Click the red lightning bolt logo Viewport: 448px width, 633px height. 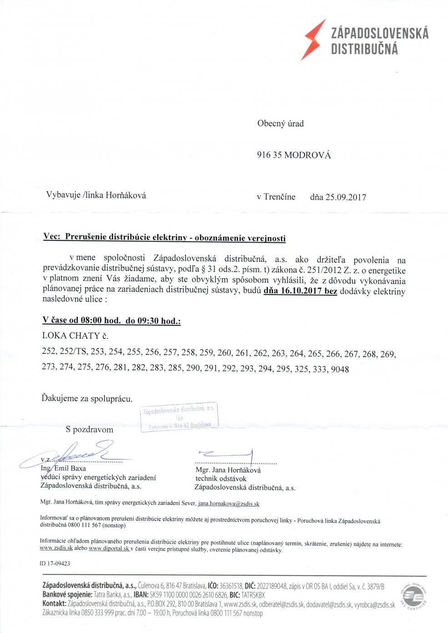point(313,40)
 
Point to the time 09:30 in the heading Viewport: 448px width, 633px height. point(148,321)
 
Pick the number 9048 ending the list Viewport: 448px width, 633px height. point(340,369)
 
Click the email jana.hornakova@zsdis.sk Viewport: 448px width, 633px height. point(229,503)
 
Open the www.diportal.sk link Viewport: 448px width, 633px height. point(109,548)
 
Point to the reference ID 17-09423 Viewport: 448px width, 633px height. point(55,563)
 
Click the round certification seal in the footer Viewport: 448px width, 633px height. point(413,596)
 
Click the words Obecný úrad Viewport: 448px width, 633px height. point(280,124)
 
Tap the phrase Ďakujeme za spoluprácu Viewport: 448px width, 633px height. point(87,399)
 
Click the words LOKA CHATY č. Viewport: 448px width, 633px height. point(75,336)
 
